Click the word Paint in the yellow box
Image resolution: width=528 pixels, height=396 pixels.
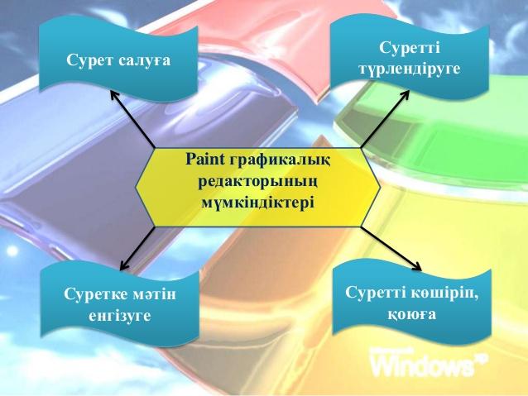[204, 159]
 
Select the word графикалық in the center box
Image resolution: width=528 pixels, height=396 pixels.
[280, 161]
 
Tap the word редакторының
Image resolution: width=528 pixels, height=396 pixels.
[258, 183]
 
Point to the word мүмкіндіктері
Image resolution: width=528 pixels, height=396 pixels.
[258, 203]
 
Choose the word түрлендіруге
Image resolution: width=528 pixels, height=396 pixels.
[409, 69]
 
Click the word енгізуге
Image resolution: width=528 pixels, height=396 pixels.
[120, 317]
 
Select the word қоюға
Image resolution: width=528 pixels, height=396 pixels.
[412, 315]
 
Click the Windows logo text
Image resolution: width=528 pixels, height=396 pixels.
[428, 363]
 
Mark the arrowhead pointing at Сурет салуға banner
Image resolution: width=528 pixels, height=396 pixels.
[114, 95]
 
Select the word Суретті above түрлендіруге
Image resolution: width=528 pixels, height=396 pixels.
[410, 47]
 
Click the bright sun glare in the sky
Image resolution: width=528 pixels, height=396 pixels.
[12, 251]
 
